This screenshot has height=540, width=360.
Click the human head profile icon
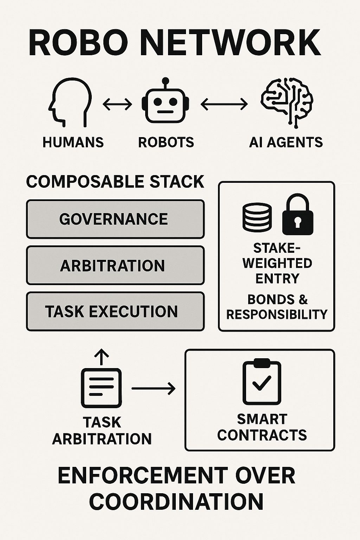click(x=70, y=102)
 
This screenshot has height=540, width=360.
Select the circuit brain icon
click(x=287, y=102)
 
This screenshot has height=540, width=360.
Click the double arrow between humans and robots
click(x=117, y=104)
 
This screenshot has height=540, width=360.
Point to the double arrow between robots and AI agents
click(x=224, y=104)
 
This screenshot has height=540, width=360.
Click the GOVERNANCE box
click(x=115, y=219)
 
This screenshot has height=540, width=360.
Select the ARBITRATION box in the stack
click(x=115, y=265)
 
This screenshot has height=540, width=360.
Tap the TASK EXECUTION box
click(x=115, y=311)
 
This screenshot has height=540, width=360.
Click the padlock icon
click(x=298, y=215)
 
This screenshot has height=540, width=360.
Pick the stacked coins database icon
click(x=257, y=217)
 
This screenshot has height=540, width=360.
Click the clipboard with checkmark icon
click(x=262, y=382)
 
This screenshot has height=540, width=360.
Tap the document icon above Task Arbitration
click(x=102, y=388)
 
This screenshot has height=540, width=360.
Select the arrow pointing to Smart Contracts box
click(x=153, y=388)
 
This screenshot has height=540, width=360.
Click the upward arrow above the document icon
click(x=102, y=357)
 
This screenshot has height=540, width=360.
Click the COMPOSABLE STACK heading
click(x=115, y=182)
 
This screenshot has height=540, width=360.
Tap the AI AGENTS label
click(x=286, y=142)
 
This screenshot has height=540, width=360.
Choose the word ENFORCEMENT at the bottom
click(x=142, y=476)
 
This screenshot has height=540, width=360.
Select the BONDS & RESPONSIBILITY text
click(x=277, y=307)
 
